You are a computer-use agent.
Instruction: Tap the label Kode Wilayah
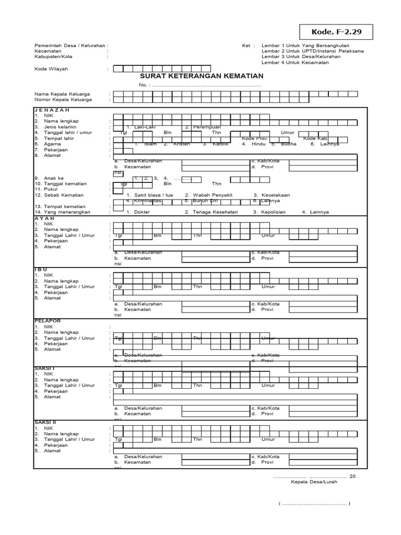pyautogui.click(x=51, y=68)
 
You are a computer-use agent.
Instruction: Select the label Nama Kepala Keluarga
pyautogui.click(x=63, y=94)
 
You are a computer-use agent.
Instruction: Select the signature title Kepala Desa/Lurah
pyautogui.click(x=314, y=482)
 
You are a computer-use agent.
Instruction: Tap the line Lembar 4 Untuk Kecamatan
pyautogui.click(x=296, y=63)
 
